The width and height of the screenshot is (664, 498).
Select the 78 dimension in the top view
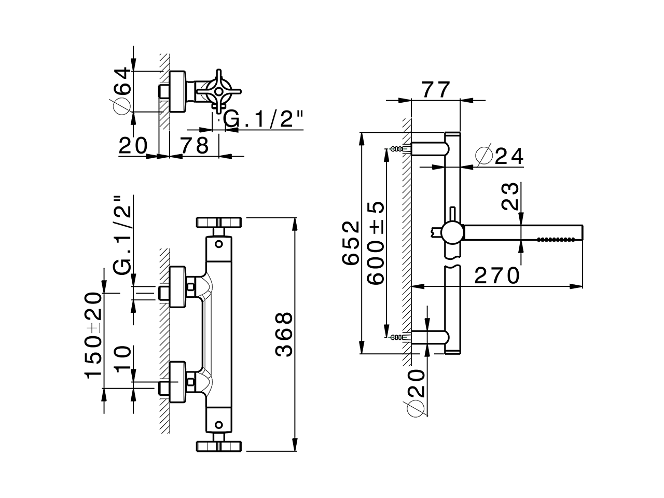pyautogui.click(x=195, y=145)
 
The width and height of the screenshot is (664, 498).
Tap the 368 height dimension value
pyautogui.click(x=284, y=334)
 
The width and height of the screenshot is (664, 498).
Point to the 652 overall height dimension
pyautogui.click(x=351, y=243)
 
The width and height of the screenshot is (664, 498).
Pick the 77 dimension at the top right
pyautogui.click(x=435, y=90)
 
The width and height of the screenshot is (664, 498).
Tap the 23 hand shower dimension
pyautogui.click(x=511, y=195)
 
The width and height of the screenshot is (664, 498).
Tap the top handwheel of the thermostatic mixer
pyautogui.click(x=219, y=223)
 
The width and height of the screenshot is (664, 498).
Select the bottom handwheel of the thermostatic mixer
pyautogui.click(x=219, y=446)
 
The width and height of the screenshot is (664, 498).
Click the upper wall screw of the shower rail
pyautogui.click(x=397, y=149)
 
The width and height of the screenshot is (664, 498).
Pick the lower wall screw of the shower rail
pyautogui.click(x=397, y=337)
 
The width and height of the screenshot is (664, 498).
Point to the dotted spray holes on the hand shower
pyautogui.click(x=556, y=239)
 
